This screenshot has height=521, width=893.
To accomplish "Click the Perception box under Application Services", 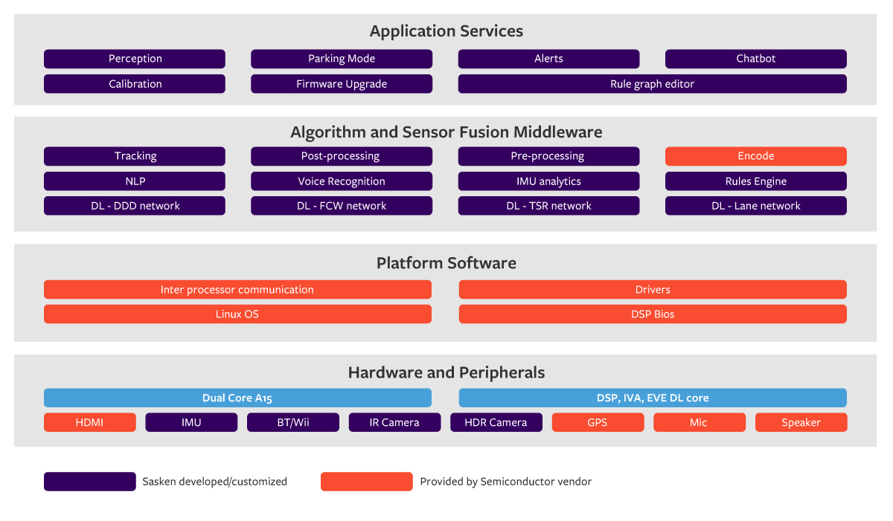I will (135, 59).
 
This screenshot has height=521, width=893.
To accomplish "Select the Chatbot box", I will (755, 59).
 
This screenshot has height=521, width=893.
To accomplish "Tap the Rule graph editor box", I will (652, 84).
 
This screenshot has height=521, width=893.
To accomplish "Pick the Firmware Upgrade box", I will (342, 84).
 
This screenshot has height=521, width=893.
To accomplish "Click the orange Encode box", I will (755, 156).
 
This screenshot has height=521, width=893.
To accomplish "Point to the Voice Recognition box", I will (342, 181).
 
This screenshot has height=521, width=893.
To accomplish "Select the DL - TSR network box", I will (548, 206).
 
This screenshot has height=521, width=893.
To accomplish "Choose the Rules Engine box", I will (755, 181).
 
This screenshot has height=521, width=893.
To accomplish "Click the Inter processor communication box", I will (237, 290).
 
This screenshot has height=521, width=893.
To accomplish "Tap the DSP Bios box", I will (653, 314).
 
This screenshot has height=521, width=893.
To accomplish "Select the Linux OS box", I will (237, 314).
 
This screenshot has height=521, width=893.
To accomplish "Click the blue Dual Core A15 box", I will (237, 398).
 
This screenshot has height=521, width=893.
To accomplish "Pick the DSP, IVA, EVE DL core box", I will (653, 398).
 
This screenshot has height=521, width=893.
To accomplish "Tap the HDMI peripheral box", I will (89, 423).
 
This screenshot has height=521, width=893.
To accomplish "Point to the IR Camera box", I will (394, 423).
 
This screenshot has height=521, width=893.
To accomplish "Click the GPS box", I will (598, 423).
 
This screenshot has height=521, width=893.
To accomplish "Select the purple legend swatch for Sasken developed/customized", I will (89, 482).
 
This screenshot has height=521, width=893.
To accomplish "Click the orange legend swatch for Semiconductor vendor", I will (366, 482).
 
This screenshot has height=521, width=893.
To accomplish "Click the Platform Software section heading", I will (446, 263).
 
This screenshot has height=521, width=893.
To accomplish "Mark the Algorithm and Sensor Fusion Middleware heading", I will (446, 132).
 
